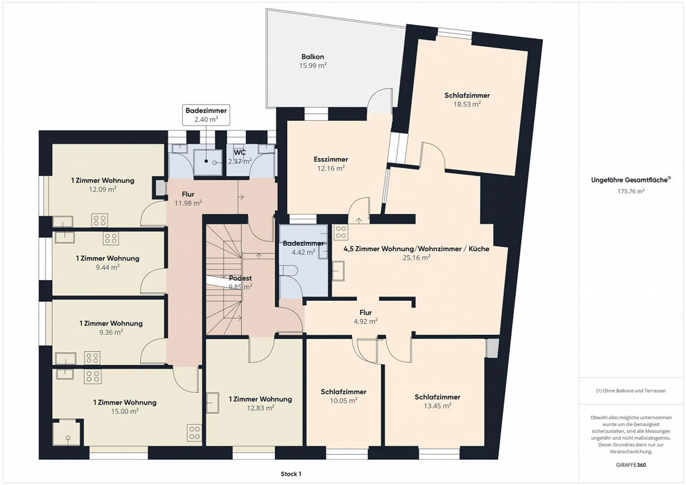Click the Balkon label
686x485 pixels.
[313, 57]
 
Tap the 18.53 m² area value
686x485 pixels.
[467, 104]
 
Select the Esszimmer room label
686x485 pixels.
[331, 159]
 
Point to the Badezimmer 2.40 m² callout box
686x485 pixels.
[206, 115]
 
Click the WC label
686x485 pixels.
[240, 152]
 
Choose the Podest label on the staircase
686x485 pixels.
[240, 278]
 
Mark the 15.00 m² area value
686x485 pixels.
[125, 412]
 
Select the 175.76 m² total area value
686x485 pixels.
[631, 191]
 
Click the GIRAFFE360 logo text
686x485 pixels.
[631, 465]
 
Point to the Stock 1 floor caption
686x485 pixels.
[291, 474]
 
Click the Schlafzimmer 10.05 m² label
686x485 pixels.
[343, 392]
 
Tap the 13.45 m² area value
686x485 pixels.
[437, 406]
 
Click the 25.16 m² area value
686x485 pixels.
[416, 257]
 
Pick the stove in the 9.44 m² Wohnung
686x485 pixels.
[111, 238]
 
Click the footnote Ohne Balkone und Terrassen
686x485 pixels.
[631, 391]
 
